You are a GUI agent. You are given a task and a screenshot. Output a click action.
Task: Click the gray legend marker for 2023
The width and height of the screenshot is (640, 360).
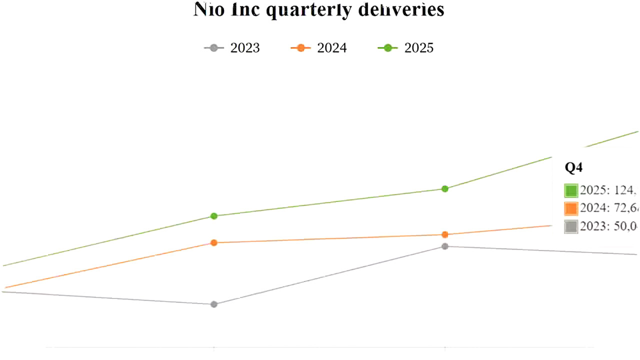coord(214,48)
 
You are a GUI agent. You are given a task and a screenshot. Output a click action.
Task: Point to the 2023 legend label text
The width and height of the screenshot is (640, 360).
coord(244,48)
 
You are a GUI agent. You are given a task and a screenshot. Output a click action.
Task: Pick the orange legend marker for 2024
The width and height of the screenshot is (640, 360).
coord(301,48)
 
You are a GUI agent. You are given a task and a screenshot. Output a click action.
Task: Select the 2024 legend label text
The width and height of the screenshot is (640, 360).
coord(331,48)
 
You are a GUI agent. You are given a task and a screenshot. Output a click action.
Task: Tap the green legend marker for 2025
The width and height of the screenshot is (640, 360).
coord(387,48)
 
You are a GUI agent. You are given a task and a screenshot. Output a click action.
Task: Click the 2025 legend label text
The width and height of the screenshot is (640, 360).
coord(418,48)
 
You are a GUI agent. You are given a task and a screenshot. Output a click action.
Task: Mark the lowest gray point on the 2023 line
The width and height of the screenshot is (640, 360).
coord(214,304)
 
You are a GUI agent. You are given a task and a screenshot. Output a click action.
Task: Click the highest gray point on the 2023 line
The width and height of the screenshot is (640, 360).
coord(444,246)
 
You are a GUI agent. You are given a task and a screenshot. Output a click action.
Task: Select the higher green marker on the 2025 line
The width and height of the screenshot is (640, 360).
coord(444,188)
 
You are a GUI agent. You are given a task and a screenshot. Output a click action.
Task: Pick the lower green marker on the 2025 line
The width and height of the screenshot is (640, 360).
coord(214,216)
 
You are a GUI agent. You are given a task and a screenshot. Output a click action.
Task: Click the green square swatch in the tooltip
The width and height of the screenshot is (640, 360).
coord(571,190)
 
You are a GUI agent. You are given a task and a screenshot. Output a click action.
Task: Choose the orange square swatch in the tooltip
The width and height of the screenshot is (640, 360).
coord(571,208)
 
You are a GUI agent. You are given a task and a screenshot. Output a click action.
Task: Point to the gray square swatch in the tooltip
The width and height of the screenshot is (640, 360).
coord(571,226)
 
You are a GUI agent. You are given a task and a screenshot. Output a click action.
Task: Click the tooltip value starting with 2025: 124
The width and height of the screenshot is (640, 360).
coord(608,190)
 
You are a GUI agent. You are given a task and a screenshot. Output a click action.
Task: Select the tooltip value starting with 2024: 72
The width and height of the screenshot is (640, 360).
coord(609,208)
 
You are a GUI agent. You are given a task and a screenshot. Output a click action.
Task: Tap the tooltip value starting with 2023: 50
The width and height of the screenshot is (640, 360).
coord(609,226)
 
